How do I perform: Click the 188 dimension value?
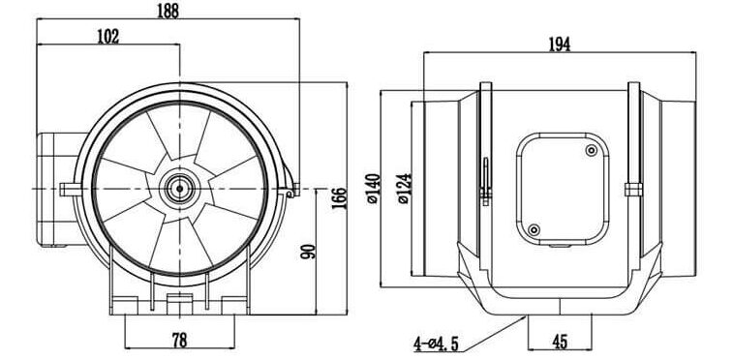pyautogui.click(x=168, y=11)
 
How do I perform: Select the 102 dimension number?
pyautogui.click(x=108, y=37)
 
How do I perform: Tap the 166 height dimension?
pyautogui.click(x=339, y=198)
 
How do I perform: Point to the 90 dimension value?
pyautogui.click(x=308, y=252)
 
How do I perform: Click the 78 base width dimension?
pyautogui.click(x=179, y=340)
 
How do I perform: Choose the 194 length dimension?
pyautogui.click(x=559, y=45)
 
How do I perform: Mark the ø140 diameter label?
pyautogui.click(x=374, y=189)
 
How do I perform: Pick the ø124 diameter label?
pyautogui.click(x=405, y=189)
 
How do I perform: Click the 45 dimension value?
pyautogui.click(x=560, y=343)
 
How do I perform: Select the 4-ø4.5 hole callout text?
pyautogui.click(x=436, y=345)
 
